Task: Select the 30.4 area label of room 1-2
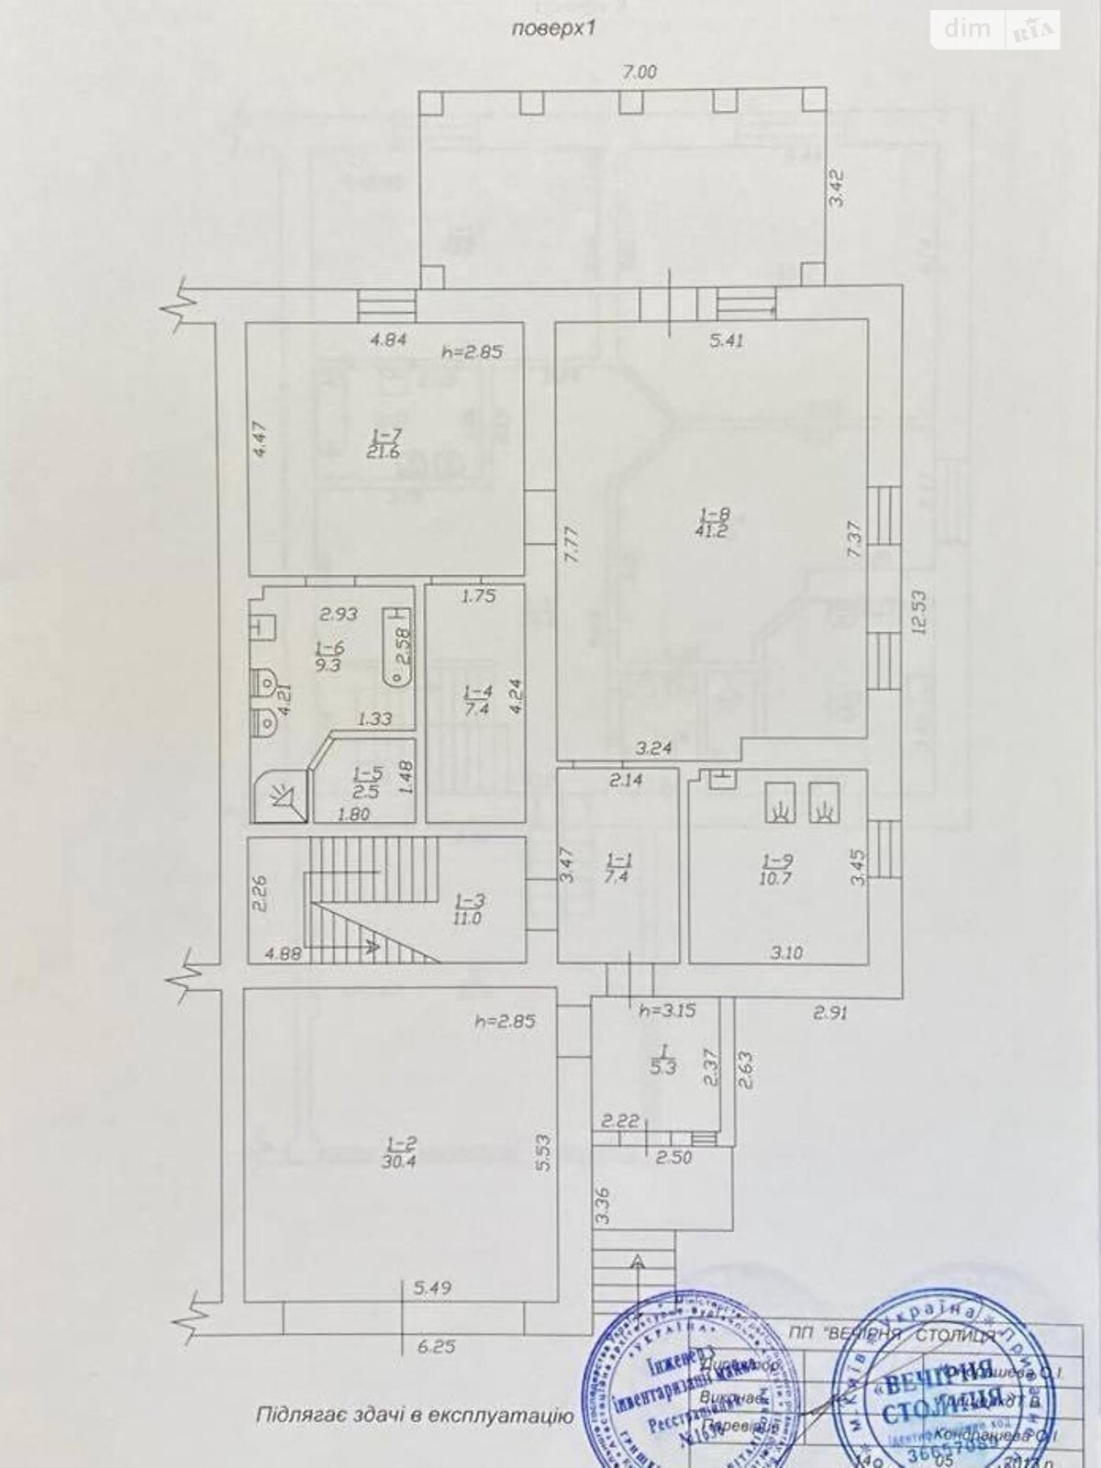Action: [401, 1158]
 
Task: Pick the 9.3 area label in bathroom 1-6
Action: [328, 665]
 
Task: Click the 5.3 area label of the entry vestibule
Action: [661, 1067]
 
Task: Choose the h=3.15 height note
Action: [667, 1011]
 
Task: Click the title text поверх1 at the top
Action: [553, 28]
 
